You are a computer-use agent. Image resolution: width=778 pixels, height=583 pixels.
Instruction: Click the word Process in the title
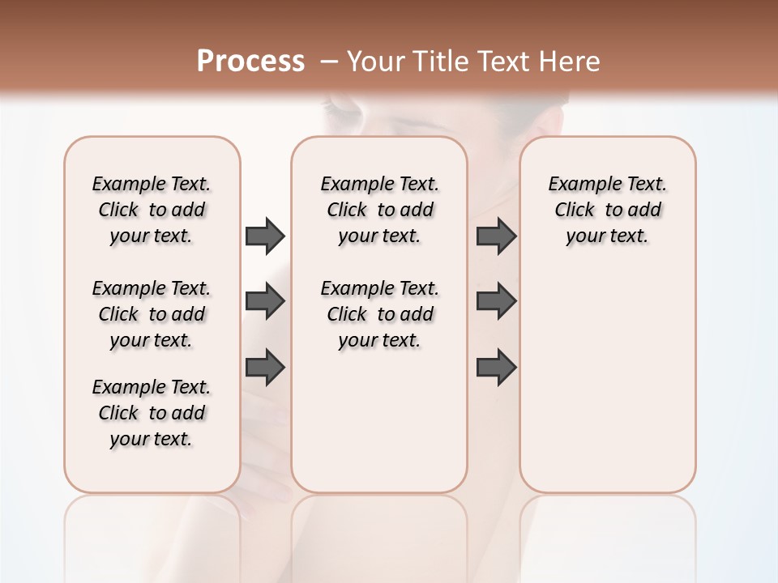pyautogui.click(x=250, y=62)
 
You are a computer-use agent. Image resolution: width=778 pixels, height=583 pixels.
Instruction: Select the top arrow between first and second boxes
pyautogui.click(x=265, y=236)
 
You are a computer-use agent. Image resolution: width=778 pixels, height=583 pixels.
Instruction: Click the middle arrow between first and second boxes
pyautogui.click(x=265, y=301)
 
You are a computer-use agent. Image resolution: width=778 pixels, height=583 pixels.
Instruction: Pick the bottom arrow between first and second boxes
pyautogui.click(x=265, y=367)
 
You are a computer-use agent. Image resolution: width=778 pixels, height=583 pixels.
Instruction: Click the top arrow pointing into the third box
pyautogui.click(x=496, y=236)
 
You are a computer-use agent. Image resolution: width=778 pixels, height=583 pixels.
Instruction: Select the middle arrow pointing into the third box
pyautogui.click(x=496, y=301)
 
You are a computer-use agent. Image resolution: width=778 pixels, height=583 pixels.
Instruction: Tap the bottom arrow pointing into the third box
pyautogui.click(x=496, y=367)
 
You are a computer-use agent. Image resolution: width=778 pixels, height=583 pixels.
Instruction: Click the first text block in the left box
pyautogui.click(x=152, y=210)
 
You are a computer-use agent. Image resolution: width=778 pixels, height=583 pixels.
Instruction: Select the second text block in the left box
pyautogui.click(x=152, y=314)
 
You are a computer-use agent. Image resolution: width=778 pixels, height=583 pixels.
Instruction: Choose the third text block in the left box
pyautogui.click(x=152, y=413)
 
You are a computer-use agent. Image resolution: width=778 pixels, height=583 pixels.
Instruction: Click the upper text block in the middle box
pyautogui.click(x=379, y=210)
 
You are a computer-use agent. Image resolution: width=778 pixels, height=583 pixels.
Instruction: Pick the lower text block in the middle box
pyautogui.click(x=379, y=314)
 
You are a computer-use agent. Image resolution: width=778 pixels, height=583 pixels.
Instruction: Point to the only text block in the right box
pyautogui.click(x=607, y=210)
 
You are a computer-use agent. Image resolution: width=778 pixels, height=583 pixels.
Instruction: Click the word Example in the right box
pyautogui.click(x=579, y=185)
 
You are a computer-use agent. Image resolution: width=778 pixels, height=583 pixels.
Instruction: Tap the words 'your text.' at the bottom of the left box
pyautogui.click(x=152, y=439)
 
